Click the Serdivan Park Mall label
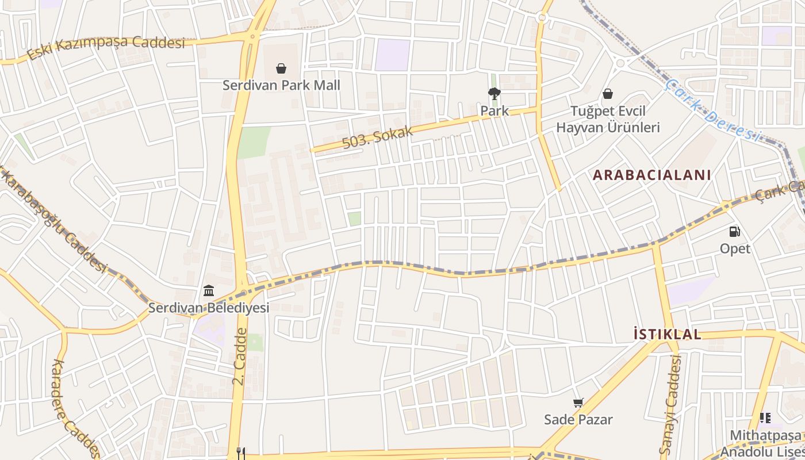(281, 85)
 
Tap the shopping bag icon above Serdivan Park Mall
(281, 69)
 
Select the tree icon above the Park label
(494, 94)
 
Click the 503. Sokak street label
(378, 137)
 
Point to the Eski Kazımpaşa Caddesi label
(106, 47)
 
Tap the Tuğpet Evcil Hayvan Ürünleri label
(608, 119)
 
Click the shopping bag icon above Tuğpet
(608, 94)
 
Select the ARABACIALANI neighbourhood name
(652, 175)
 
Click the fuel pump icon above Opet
(735, 232)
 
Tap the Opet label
(735, 248)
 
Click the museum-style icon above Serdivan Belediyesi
(209, 291)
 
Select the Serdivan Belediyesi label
(209, 308)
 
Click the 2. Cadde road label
(240, 356)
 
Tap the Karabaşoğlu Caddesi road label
(55, 221)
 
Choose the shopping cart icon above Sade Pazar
(578, 403)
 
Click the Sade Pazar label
(578, 419)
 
